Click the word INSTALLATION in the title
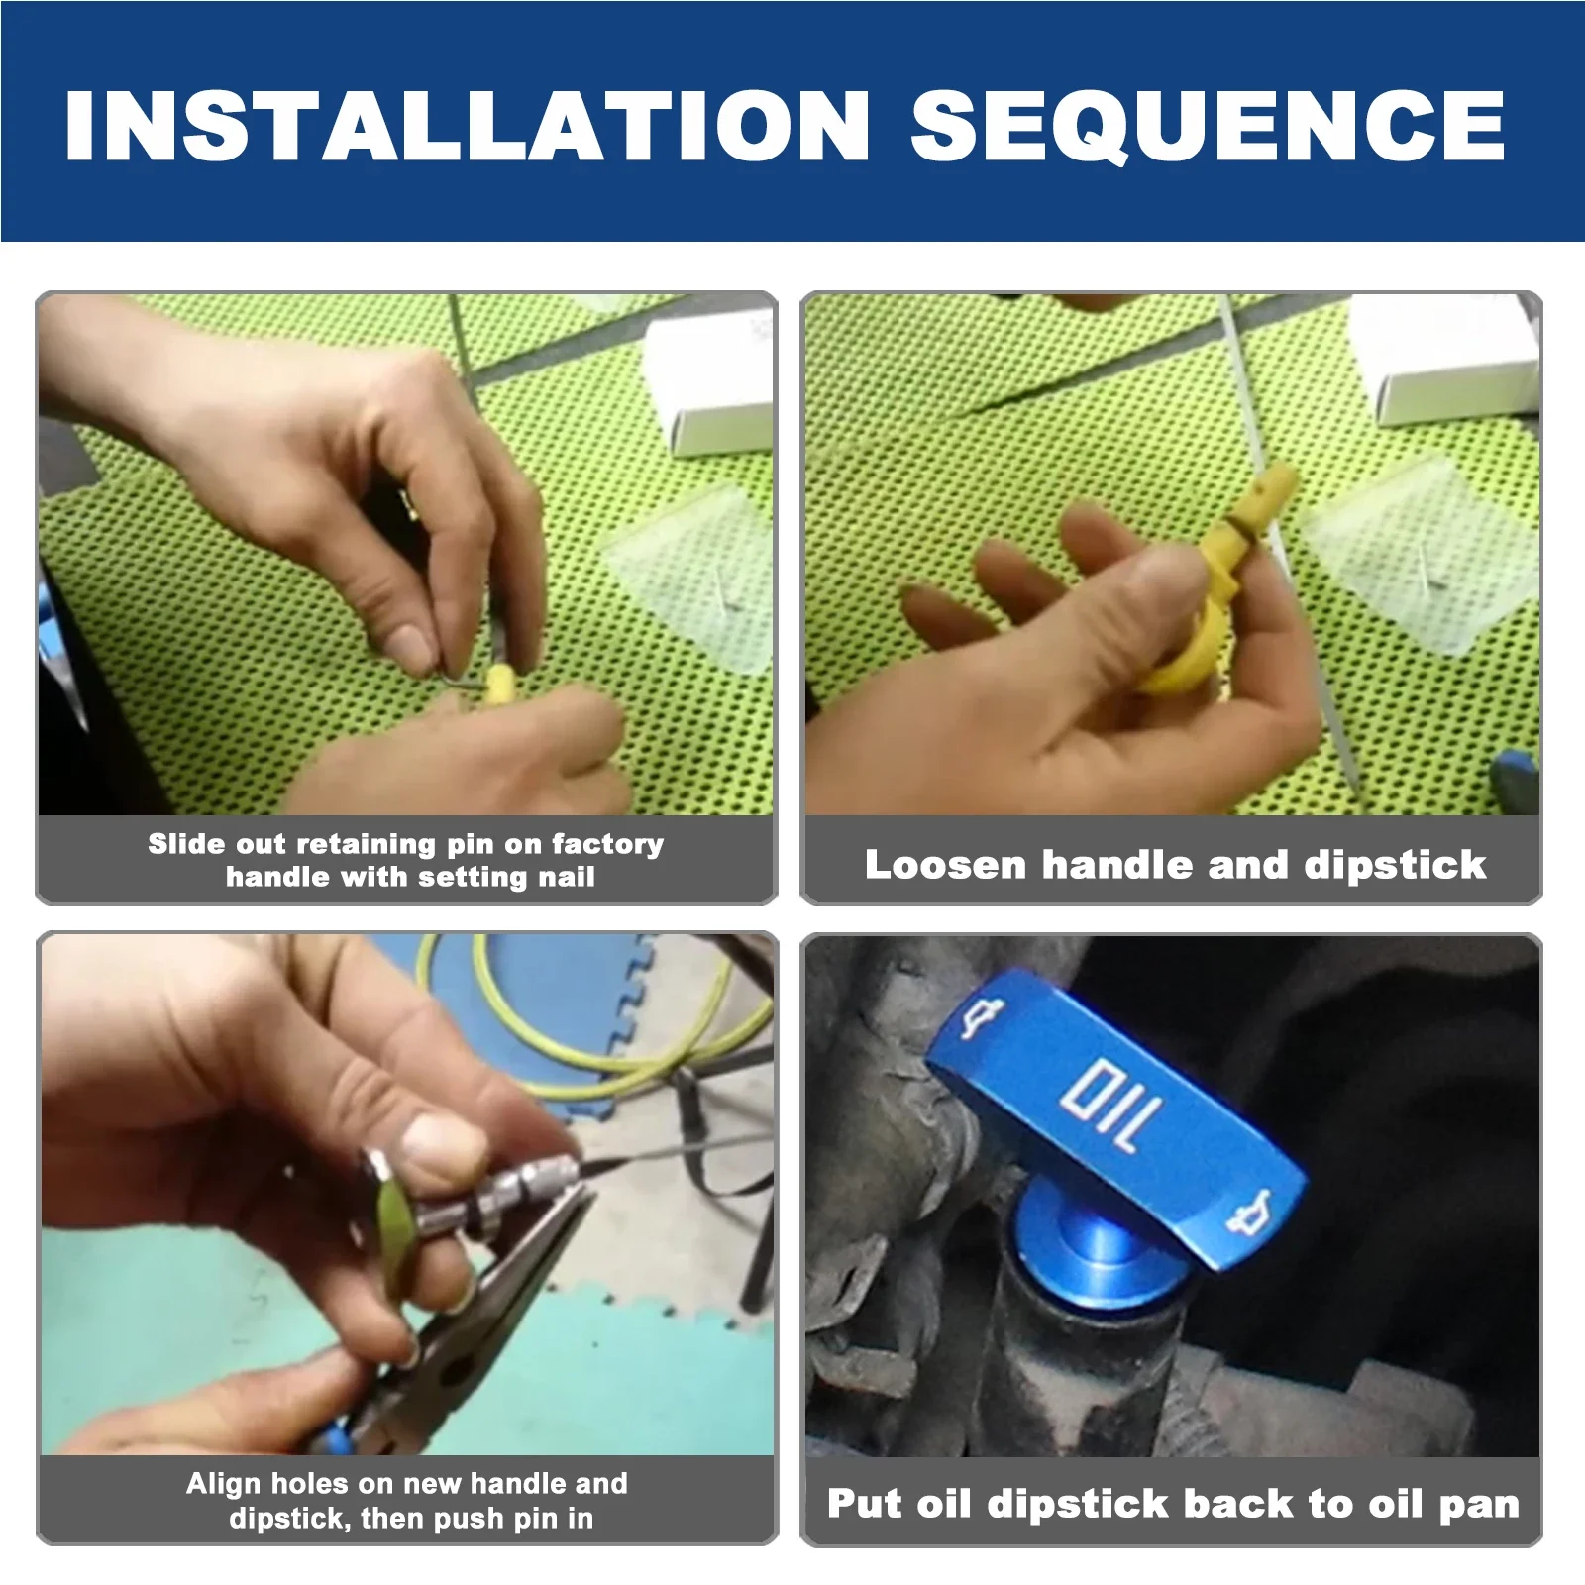tap(466, 126)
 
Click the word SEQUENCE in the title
tap(1207, 126)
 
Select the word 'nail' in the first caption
tap(566, 877)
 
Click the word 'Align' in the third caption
tap(224, 1483)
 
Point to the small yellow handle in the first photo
tap(498, 685)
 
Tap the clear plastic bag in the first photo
tap(693, 584)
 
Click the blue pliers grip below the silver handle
tap(332, 1436)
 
